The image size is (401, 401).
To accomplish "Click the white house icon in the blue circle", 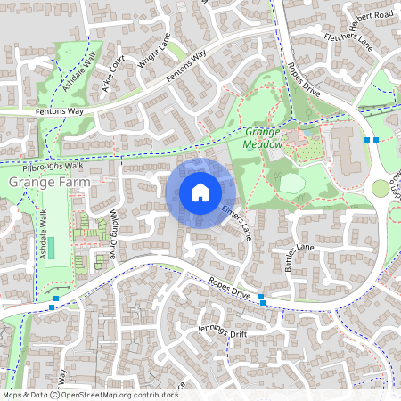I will (200, 192).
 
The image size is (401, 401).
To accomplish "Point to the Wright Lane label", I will (153, 61).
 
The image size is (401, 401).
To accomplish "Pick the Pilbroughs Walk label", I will (54, 166).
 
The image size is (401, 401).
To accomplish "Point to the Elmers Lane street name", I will (235, 219).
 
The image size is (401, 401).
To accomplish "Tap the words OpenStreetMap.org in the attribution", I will (95, 394).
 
